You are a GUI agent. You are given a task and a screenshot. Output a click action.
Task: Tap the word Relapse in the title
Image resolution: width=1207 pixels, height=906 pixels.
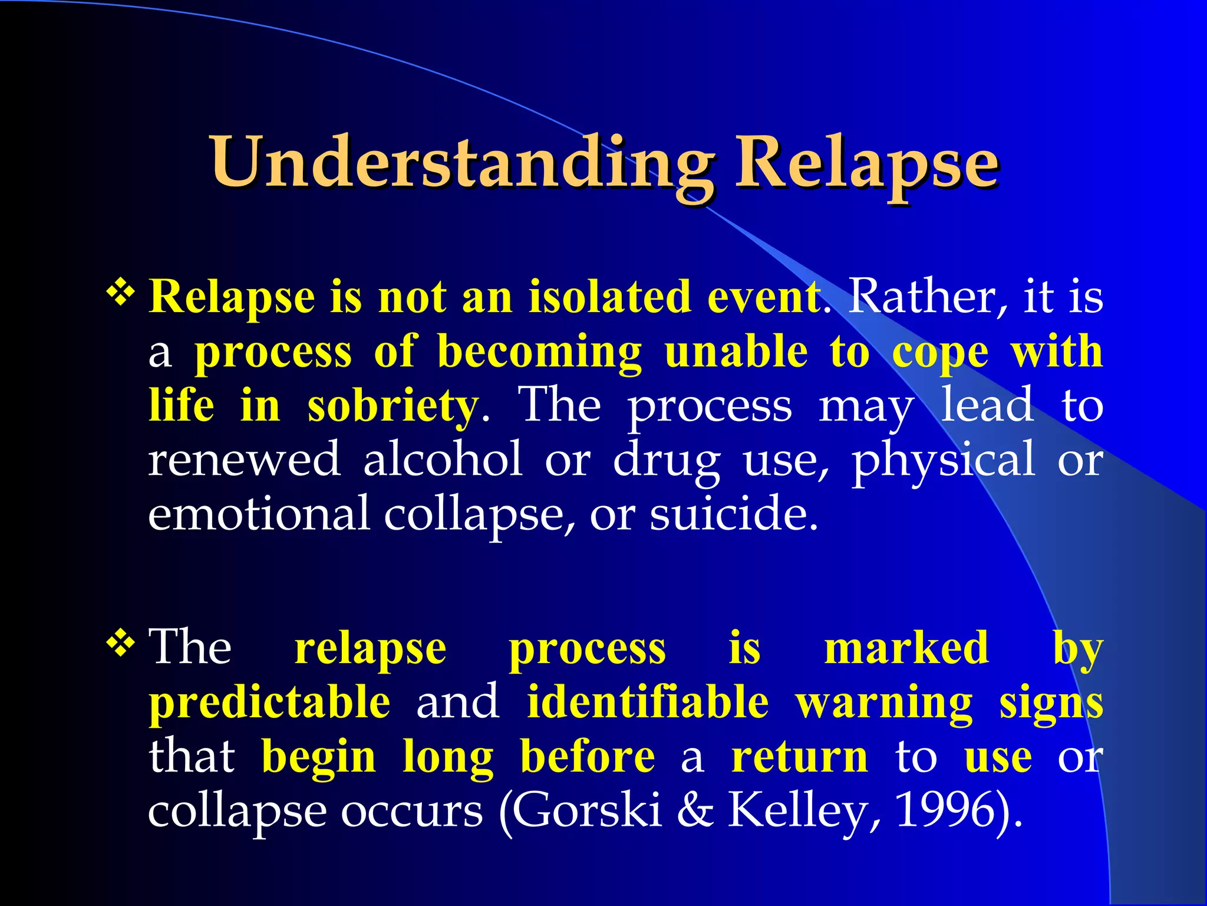pos(866,162)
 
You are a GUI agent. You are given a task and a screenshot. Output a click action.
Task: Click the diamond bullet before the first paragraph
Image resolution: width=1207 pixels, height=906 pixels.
pos(121,291)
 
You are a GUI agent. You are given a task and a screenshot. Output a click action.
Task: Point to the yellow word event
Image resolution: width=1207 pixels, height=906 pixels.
pos(763,296)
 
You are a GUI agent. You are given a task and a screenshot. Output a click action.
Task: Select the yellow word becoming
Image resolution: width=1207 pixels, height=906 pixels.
pos(539,352)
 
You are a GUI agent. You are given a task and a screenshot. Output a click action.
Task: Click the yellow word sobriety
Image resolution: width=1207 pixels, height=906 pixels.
pos(392,406)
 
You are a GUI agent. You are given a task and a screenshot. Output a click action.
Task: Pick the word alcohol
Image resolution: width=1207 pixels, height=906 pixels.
pos(443,459)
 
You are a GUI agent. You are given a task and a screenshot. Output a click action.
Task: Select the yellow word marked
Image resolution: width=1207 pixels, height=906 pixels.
pos(906,648)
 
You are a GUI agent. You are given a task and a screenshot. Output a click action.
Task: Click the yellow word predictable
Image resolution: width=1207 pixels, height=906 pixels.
pos(269,702)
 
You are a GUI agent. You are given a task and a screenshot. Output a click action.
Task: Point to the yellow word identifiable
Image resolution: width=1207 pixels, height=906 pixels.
pos(647,702)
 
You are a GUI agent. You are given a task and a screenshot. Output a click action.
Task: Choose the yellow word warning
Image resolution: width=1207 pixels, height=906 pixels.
pos(883,702)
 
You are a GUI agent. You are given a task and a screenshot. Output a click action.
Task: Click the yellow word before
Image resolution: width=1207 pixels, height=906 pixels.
pos(587,756)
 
